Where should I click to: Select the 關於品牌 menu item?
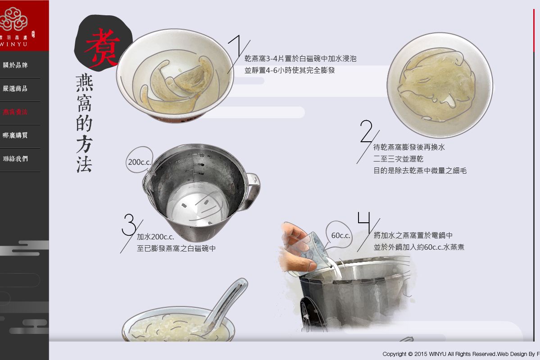(x=15, y=65)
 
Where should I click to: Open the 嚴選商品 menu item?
(x=15, y=89)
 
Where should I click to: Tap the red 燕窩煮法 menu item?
(x=15, y=112)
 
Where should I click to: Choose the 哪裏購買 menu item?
(x=15, y=135)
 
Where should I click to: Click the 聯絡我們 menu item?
(x=15, y=159)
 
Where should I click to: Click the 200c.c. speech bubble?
(x=139, y=162)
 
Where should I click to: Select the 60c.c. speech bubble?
(x=341, y=235)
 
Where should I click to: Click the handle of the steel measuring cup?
(x=252, y=191)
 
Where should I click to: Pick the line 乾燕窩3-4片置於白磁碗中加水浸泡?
(x=300, y=58)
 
